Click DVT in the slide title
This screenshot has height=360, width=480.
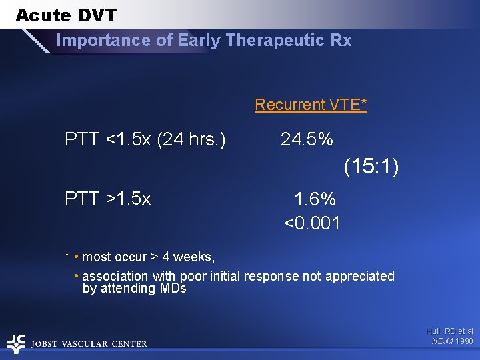95,15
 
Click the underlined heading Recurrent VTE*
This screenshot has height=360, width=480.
311,105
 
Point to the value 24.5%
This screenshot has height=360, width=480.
307,139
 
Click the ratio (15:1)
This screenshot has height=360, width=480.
371,167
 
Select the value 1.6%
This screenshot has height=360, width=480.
315,199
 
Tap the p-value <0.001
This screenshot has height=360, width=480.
312,223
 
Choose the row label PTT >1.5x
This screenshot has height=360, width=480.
107,199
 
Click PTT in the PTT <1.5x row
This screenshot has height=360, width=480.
81,139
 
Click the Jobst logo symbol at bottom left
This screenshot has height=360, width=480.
15,343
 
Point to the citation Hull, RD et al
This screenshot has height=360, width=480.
449,331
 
